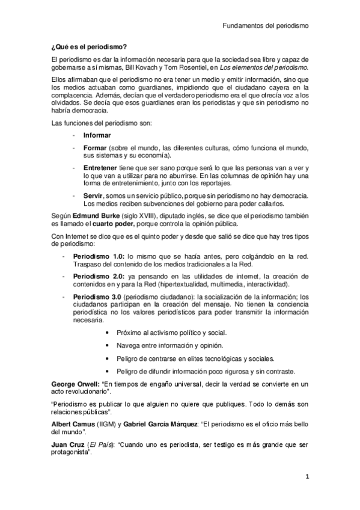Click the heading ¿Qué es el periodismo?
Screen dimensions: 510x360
point(90,46)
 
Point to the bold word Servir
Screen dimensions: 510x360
point(94,195)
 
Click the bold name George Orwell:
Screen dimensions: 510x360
point(75,384)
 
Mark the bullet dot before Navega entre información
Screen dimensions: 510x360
point(107,345)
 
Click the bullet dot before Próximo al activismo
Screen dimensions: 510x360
point(107,333)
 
